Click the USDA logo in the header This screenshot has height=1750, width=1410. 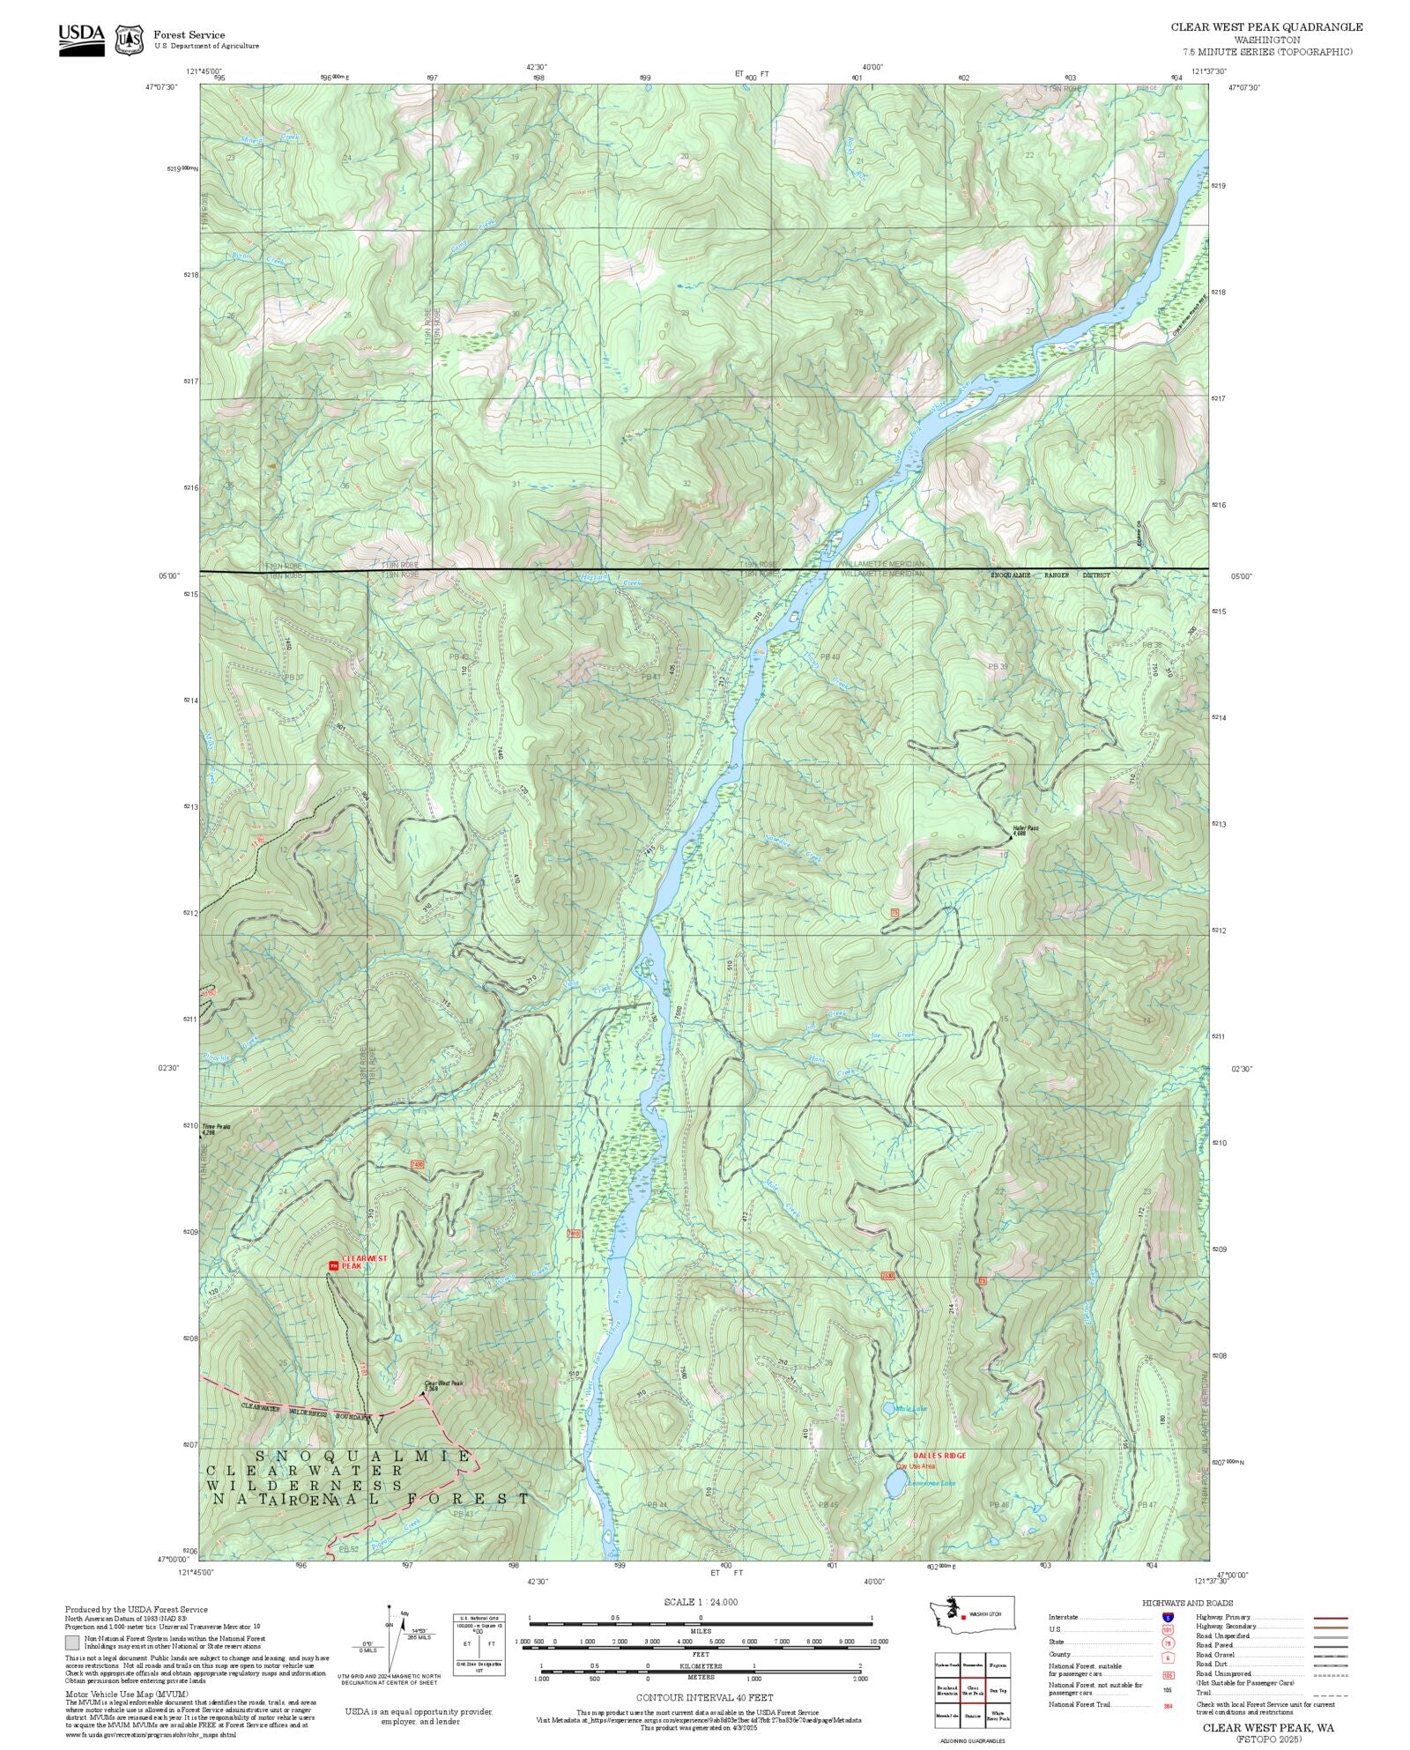coord(81,40)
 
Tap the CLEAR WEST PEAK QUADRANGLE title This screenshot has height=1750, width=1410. coord(1266,26)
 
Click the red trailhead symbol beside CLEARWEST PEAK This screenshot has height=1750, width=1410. coord(333,1265)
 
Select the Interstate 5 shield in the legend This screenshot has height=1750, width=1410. coord(1168,1618)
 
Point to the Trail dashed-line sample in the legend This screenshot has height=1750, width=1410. coord(1330,1694)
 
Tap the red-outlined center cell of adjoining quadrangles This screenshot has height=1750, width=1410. coord(972,1690)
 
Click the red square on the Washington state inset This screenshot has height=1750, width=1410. coord(963,1617)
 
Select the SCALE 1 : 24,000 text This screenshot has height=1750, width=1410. coord(701,1602)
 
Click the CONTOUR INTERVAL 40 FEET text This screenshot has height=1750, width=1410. coord(704,1697)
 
